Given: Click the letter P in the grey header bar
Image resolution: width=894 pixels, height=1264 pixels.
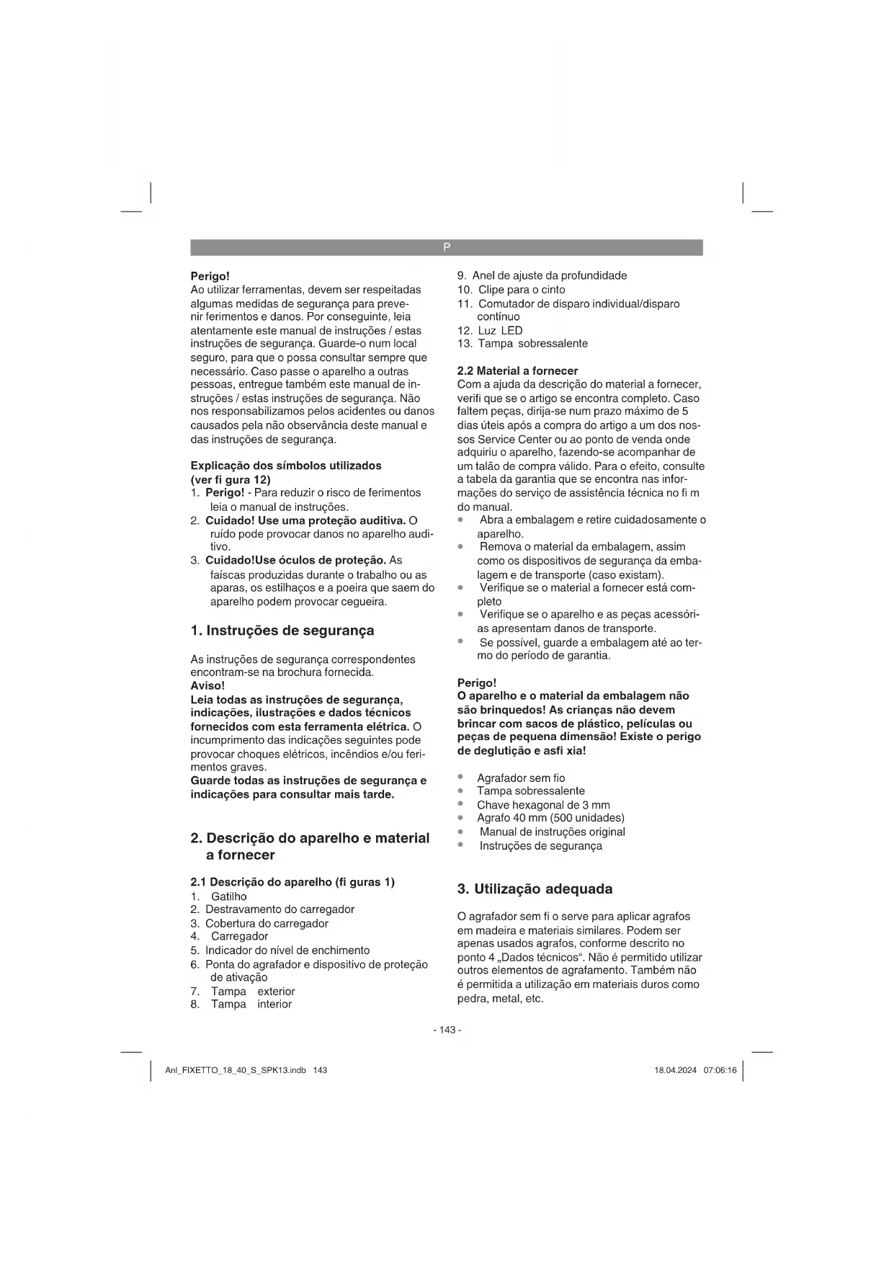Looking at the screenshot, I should pos(447,247).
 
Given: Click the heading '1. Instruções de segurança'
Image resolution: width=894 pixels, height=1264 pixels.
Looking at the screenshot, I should pos(282,631).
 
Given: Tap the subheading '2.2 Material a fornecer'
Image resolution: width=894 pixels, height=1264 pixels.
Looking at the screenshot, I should pos(518,370).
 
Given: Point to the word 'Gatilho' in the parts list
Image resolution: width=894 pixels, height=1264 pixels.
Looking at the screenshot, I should pos(228,896).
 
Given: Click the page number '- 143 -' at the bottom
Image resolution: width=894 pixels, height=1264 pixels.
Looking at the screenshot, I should pos(447,1030).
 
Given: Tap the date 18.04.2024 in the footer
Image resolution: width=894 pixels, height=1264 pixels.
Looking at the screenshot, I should pos(675,1070).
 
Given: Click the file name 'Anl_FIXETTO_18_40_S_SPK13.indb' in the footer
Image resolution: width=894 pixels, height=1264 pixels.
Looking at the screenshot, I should pos(236,1070).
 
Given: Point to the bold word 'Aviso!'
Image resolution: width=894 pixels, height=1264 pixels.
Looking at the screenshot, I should pos(207,686).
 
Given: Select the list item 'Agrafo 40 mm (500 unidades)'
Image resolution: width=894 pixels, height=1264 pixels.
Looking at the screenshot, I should pos(550,818).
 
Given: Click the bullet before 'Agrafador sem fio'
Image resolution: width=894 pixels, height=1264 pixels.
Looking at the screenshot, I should pos(460,778).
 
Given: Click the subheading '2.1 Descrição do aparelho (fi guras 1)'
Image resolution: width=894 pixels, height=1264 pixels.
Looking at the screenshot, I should pos(292,882).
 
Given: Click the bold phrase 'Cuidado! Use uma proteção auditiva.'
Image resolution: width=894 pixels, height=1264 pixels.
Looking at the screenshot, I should pos(305,520).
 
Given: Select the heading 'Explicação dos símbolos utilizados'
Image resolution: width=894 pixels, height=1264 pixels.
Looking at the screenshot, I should pos(286,466).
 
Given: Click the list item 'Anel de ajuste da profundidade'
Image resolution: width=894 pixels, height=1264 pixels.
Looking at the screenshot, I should pos(550,275).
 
